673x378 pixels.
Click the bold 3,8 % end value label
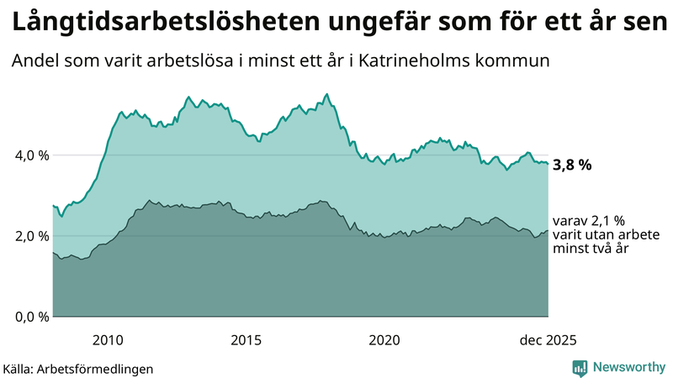[x=572, y=165]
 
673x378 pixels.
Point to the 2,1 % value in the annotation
[x=600, y=220]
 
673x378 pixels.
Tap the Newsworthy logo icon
[x=580, y=367]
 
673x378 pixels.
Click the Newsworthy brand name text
[x=629, y=367]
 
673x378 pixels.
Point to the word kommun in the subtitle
[x=519, y=61]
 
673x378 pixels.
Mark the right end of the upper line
[x=548, y=163]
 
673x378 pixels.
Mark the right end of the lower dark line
[x=548, y=231]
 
